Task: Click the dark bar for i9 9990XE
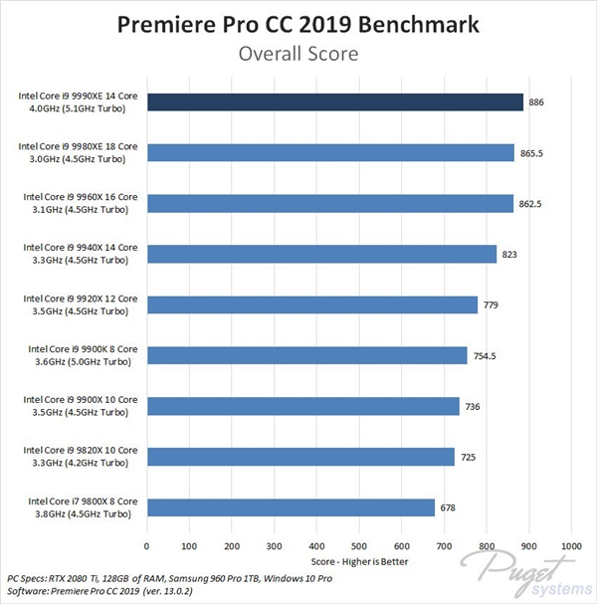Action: (334, 101)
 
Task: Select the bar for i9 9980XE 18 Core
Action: (330, 152)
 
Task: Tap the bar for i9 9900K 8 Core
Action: (306, 355)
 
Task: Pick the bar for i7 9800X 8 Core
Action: (291, 507)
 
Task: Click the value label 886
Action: (537, 102)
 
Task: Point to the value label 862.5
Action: (532, 204)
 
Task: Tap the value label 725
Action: (469, 457)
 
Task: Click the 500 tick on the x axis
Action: (359, 545)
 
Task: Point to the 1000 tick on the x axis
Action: (570, 545)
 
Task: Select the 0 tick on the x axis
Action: (147, 545)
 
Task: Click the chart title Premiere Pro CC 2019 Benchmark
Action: (298, 24)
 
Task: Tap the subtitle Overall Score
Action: (298, 54)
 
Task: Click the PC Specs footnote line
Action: (155, 578)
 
